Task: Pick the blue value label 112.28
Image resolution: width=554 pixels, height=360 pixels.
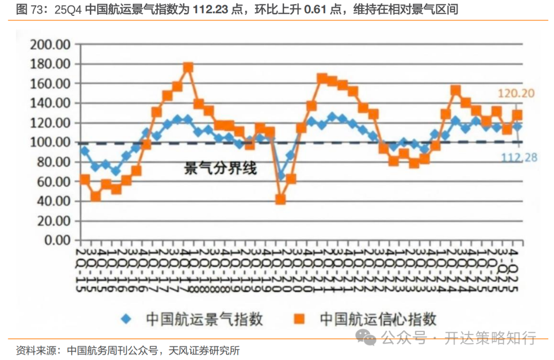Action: (x=519, y=157)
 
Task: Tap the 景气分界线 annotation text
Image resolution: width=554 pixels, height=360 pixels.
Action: (x=220, y=168)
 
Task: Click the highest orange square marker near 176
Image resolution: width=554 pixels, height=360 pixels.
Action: (x=188, y=68)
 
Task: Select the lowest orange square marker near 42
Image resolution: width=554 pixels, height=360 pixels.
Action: (x=281, y=199)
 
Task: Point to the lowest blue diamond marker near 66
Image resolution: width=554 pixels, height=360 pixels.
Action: (x=281, y=176)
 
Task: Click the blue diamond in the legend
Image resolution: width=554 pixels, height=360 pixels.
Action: (x=126, y=319)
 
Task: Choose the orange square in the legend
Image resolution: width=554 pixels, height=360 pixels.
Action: (x=300, y=319)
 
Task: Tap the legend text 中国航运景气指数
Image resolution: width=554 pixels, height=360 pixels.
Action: (x=204, y=319)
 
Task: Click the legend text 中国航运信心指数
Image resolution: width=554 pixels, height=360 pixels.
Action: (x=378, y=319)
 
